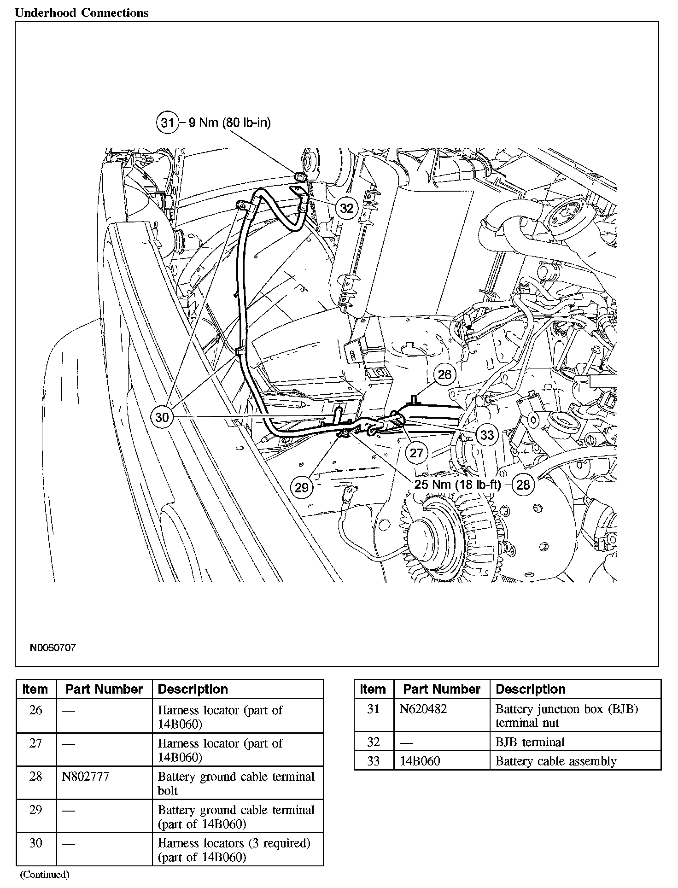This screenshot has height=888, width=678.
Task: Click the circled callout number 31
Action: (x=167, y=123)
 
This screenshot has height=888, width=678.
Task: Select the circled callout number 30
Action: (x=162, y=417)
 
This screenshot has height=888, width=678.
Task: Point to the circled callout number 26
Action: (x=444, y=374)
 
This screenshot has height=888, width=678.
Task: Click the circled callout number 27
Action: (x=416, y=453)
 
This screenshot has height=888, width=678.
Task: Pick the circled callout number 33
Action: (x=487, y=435)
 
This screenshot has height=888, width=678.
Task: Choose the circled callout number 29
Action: (x=301, y=487)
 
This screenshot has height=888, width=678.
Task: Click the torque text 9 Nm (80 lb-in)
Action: (x=229, y=123)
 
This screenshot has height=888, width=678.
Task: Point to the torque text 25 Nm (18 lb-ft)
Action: (x=457, y=484)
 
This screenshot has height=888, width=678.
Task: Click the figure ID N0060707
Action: (x=53, y=648)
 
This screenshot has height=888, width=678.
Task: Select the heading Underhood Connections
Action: (x=82, y=13)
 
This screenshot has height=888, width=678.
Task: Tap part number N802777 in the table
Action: (x=86, y=776)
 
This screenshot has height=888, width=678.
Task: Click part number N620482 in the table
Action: (x=423, y=709)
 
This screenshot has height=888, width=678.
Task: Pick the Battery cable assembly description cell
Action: (x=556, y=761)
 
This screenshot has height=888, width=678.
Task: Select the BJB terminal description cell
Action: (x=530, y=742)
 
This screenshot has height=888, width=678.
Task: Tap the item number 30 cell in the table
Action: (x=36, y=843)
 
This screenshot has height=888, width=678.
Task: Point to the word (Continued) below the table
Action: (x=44, y=874)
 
